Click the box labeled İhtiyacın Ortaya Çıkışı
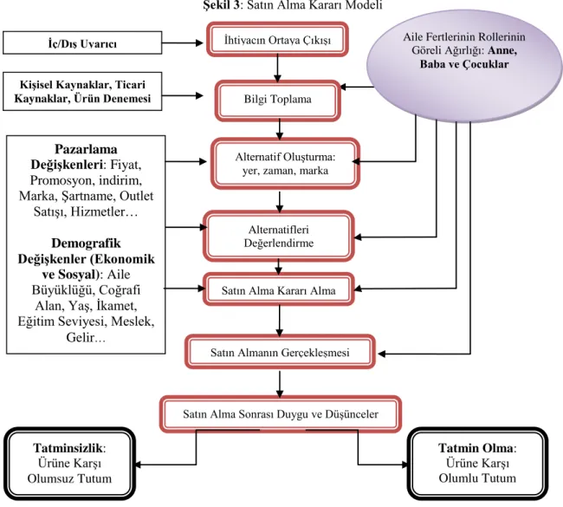click(x=277, y=40)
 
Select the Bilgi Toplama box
click(x=277, y=101)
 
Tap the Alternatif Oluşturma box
click(x=285, y=164)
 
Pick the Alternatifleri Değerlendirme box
click(x=279, y=237)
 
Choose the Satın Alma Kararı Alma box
click(x=279, y=289)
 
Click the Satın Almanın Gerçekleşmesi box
click(x=280, y=352)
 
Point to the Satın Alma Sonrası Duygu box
click(x=281, y=414)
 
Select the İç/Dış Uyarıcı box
click(x=82, y=43)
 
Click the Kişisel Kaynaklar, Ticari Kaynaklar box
click(x=82, y=91)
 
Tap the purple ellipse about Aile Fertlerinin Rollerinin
click(x=464, y=67)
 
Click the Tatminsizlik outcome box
click(x=69, y=464)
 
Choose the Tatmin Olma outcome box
click(x=477, y=464)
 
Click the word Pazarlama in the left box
click(x=86, y=149)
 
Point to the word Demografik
click(x=86, y=244)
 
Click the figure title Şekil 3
click(x=223, y=5)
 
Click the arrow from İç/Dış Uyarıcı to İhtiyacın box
click(x=183, y=43)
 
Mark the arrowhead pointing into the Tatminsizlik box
click(x=139, y=465)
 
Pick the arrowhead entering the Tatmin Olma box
click(x=404, y=465)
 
